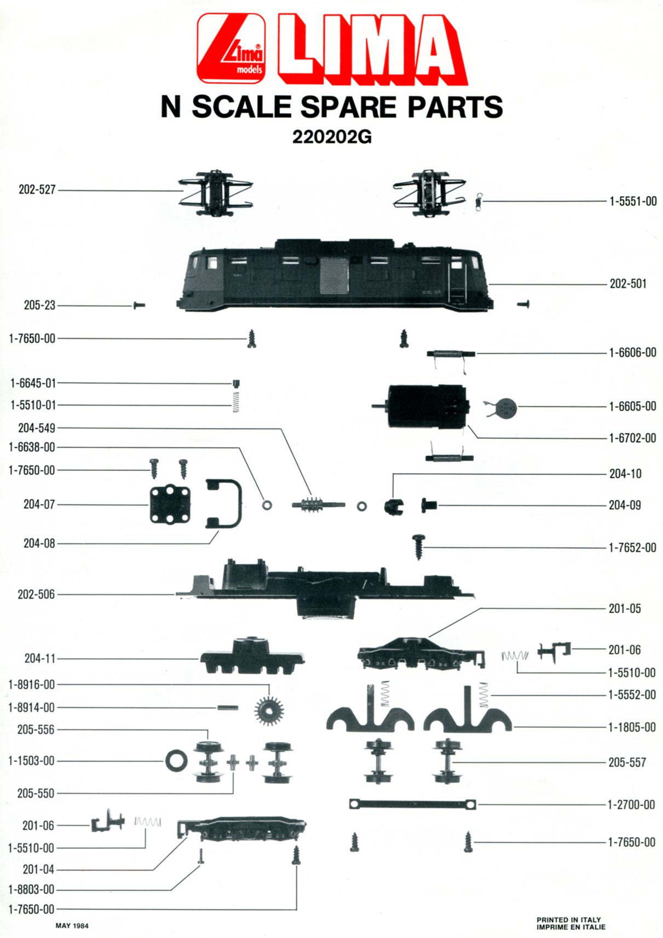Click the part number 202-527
point(37,189)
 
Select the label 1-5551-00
point(632,202)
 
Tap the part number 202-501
point(628,284)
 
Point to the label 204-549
point(37,428)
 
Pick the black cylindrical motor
point(428,407)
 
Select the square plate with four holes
point(170,505)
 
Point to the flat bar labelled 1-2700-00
point(412,804)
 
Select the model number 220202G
point(332,137)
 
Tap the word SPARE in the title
point(348,107)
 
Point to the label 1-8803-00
point(31,889)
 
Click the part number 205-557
point(627,763)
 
